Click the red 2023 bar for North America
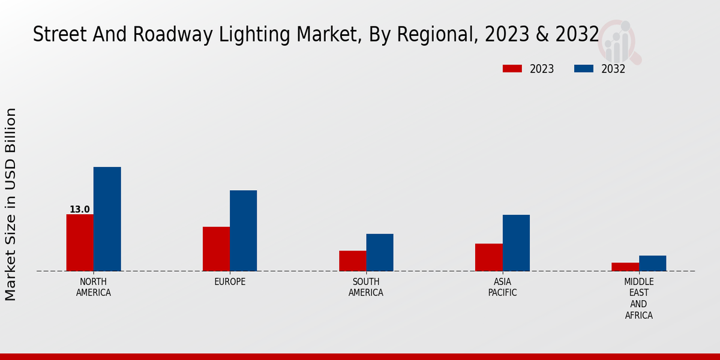pyautogui.click(x=80, y=242)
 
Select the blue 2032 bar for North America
pyautogui.click(x=107, y=219)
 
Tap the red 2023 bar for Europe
pyautogui.click(x=216, y=249)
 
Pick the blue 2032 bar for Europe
pyautogui.click(x=243, y=230)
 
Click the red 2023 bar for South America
pyautogui.click(x=352, y=261)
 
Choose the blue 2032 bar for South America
pyautogui.click(x=380, y=253)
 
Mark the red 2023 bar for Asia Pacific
pyautogui.click(x=488, y=257)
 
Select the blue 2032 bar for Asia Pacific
pyautogui.click(x=516, y=243)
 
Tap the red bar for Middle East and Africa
pyautogui.click(x=625, y=267)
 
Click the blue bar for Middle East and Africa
pyautogui.click(x=652, y=263)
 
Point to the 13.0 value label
pyautogui.click(x=79, y=209)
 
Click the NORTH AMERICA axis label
pyautogui.click(x=94, y=287)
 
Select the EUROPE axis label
pyautogui.click(x=230, y=282)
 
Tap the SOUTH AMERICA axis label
pyautogui.click(x=366, y=287)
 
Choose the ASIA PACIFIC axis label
pyautogui.click(x=502, y=287)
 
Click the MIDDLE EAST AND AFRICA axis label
pyautogui.click(x=639, y=298)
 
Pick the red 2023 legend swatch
pyautogui.click(x=512, y=69)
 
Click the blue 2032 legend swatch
pyautogui.click(x=583, y=69)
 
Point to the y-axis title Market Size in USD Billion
pyautogui.click(x=11, y=204)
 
